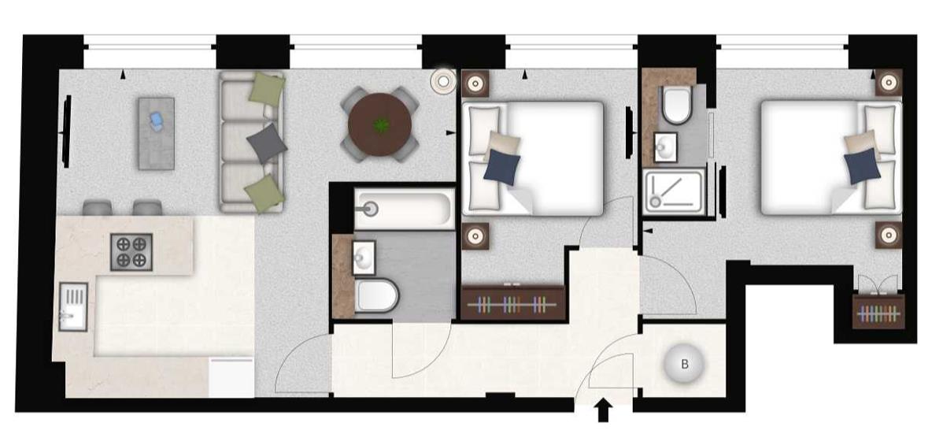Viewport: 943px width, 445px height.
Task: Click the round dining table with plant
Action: [x=380, y=124]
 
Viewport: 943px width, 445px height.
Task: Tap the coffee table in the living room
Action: [x=156, y=133]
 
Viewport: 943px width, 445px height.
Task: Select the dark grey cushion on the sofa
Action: [x=264, y=143]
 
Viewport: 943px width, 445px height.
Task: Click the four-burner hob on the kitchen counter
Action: [x=131, y=253]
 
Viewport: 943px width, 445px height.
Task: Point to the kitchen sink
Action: [x=72, y=307]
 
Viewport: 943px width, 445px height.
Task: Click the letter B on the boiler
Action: [x=685, y=364]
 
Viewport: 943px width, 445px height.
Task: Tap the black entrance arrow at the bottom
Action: [x=604, y=410]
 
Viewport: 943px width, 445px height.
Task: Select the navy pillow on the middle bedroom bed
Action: [x=501, y=168]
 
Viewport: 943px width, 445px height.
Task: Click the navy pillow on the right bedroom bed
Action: [x=861, y=167]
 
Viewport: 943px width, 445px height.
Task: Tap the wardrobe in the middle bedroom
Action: [x=513, y=302]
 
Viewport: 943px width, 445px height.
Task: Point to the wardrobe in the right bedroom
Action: [x=878, y=311]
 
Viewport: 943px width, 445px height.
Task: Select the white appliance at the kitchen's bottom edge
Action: [x=231, y=377]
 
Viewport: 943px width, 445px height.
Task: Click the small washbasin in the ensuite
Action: [x=666, y=146]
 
